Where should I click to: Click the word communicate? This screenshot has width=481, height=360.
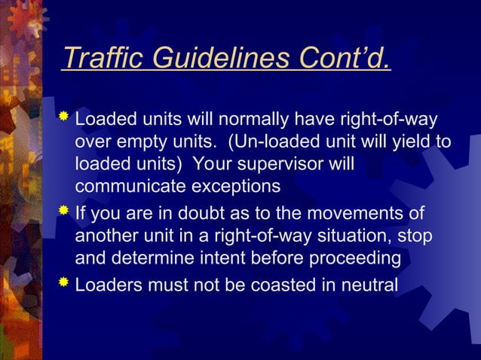point(125,185)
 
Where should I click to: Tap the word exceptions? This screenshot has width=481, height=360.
point(231,185)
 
